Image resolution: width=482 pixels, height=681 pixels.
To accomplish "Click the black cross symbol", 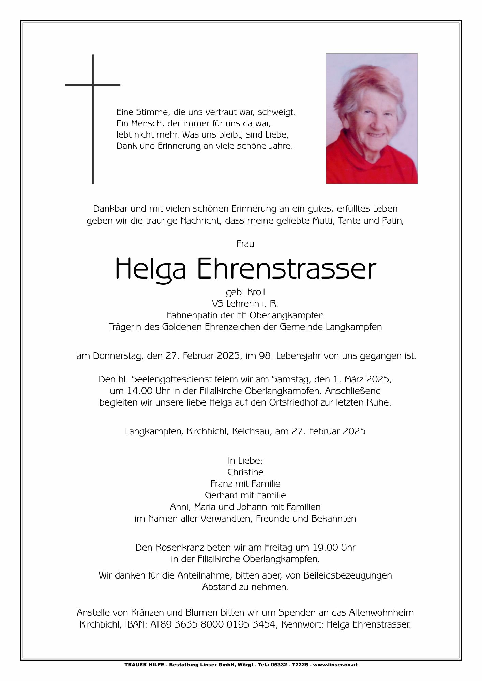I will [x=93, y=102].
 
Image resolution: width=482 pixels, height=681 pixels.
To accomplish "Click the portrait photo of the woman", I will [x=372, y=118].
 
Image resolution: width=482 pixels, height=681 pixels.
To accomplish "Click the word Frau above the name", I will [x=245, y=244].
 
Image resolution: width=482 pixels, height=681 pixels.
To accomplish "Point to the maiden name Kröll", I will [x=255, y=292].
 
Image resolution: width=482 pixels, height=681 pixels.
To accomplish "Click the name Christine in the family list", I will [x=245, y=472].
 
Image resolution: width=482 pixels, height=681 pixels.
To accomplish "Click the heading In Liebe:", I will [x=245, y=461].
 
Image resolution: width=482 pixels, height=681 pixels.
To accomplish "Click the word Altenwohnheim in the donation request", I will [x=381, y=613].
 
